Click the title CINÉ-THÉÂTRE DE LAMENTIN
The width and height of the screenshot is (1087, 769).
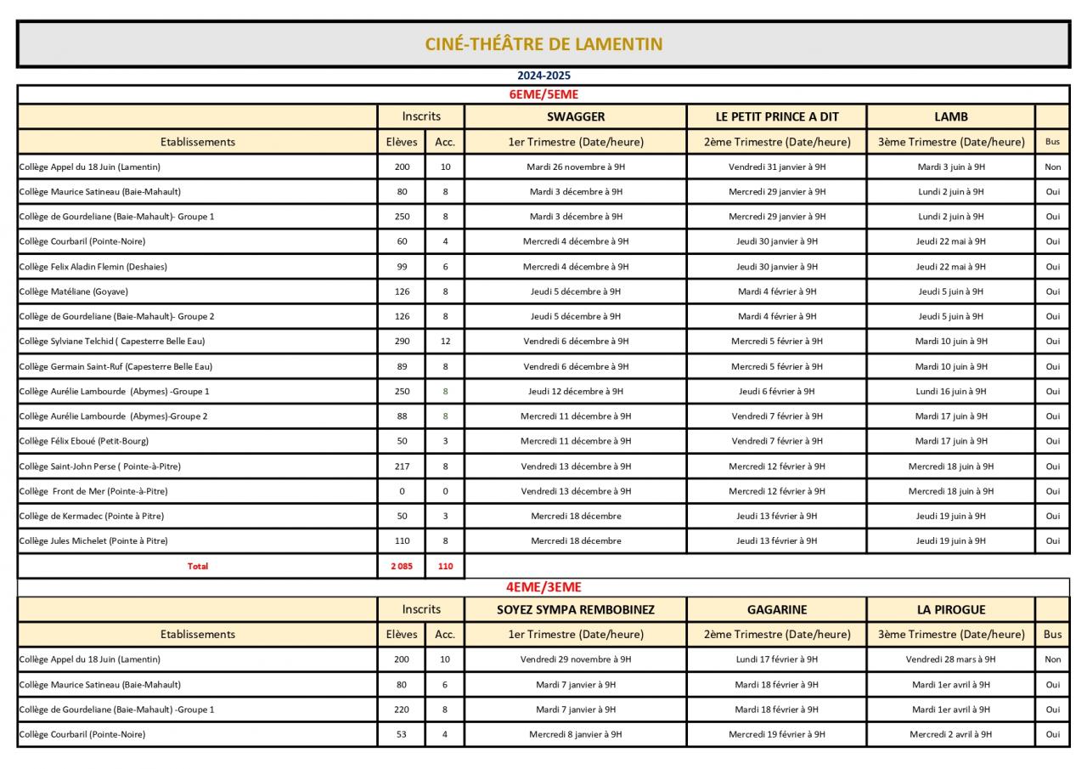tap(543, 44)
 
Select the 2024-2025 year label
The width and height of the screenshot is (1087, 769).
tap(543, 76)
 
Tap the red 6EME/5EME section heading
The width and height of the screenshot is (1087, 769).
tap(543, 94)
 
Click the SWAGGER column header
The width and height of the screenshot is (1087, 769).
tap(576, 116)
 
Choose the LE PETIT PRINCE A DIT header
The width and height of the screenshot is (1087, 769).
tap(777, 116)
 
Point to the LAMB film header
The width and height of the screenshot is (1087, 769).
tap(951, 116)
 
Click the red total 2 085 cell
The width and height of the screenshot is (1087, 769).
tap(402, 566)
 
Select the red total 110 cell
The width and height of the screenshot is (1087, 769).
tap(445, 566)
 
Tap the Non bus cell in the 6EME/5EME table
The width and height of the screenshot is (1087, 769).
tap(1053, 167)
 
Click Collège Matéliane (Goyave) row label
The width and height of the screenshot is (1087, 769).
tap(74, 291)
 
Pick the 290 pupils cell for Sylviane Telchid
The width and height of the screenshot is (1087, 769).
tap(402, 342)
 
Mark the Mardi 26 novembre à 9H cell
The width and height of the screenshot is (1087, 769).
tap(576, 167)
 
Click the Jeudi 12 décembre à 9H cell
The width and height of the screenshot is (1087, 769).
tap(576, 392)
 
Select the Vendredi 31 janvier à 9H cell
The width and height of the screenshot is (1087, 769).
tap(777, 167)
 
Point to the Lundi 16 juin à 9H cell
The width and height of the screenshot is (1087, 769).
tap(951, 392)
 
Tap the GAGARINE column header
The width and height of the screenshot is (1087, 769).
tap(777, 609)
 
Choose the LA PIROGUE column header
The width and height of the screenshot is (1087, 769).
tap(951, 609)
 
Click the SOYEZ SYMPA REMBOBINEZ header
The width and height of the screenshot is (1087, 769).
tap(576, 609)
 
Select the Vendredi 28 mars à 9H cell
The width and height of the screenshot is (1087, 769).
tap(951, 659)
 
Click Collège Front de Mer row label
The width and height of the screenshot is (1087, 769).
tap(93, 491)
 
